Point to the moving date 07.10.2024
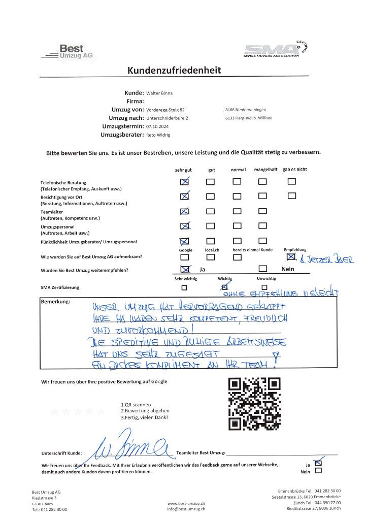156,126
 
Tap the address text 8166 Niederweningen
245,110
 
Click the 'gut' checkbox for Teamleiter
210,211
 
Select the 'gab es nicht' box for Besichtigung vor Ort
291,196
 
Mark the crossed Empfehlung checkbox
291,257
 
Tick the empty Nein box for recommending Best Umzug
262,269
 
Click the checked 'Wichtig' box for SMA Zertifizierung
225,287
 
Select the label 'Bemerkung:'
55,302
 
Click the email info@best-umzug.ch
186,508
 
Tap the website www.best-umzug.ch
186,502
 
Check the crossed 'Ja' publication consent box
318,463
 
